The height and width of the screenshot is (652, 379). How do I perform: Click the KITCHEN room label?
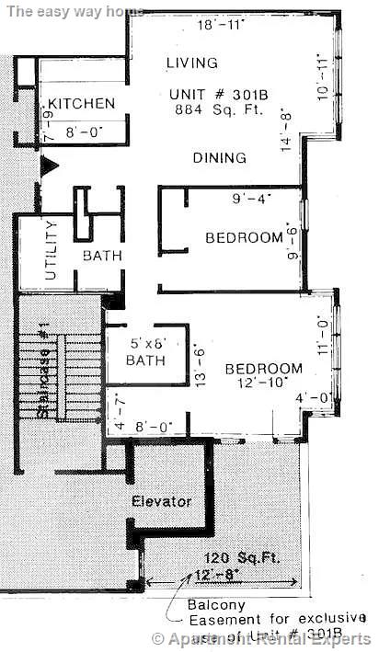click(82, 103)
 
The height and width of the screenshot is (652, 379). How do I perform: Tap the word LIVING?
click(192, 63)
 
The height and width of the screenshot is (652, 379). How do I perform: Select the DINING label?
click(220, 158)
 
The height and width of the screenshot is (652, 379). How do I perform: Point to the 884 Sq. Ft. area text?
click(218, 109)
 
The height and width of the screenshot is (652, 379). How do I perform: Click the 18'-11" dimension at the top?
click(222, 26)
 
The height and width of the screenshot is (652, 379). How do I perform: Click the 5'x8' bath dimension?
click(145, 344)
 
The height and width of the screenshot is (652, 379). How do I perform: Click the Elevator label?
click(161, 501)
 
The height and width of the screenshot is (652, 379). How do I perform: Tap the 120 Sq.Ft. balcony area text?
click(241, 558)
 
